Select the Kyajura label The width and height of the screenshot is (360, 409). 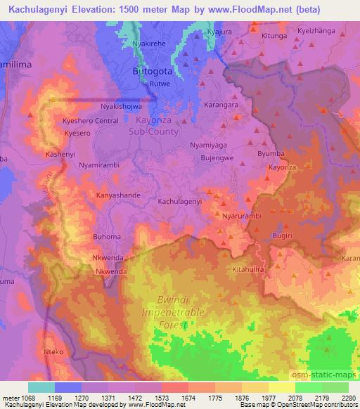coord(219,32)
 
